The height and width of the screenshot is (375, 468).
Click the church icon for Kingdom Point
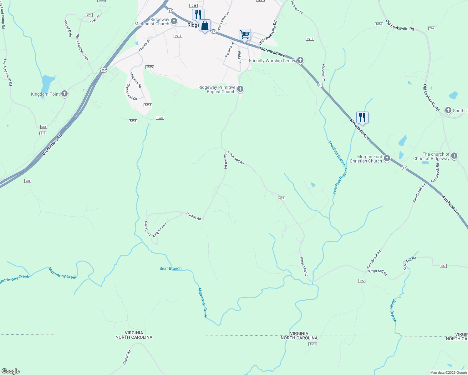64,93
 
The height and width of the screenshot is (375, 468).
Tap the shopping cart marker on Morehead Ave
245,34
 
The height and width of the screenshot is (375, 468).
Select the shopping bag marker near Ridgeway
205,26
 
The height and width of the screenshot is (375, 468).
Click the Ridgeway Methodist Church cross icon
174,21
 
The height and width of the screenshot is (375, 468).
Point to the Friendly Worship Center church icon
300,60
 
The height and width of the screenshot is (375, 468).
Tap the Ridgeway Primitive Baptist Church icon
240,89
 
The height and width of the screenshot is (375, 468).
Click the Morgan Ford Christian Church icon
387,158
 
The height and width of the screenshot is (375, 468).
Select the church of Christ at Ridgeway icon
454,156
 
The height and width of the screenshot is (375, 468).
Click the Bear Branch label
170,268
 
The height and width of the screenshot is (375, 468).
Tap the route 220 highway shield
104,70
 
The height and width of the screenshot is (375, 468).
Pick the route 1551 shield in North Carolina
313,344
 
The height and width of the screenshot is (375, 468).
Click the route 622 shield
362,281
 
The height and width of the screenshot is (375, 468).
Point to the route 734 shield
28,181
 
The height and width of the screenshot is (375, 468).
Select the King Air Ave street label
159,230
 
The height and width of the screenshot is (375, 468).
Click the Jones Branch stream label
393,310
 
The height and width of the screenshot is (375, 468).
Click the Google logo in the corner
10,371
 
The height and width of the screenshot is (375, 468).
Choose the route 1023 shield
160,118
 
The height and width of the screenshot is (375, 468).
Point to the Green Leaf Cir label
132,92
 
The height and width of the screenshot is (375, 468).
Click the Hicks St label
239,57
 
